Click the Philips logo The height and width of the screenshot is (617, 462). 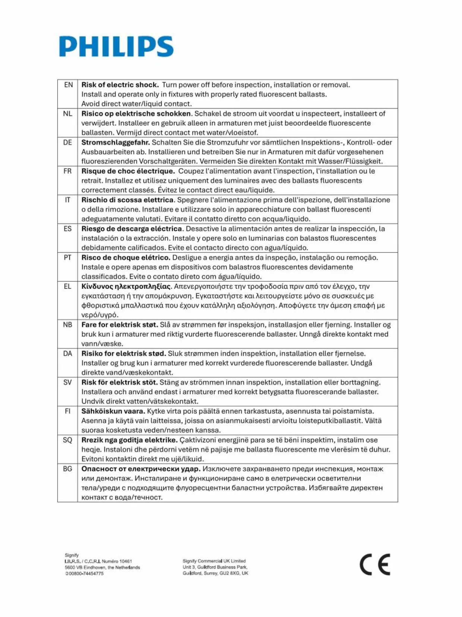[116, 46]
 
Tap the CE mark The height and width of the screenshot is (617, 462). [375, 564]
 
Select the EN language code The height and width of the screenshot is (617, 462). [68, 85]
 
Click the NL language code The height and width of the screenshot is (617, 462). [67, 113]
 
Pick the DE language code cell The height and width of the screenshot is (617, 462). [67, 142]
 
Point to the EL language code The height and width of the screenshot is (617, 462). [67, 286]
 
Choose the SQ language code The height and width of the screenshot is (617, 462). [67, 440]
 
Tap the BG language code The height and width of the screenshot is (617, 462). [67, 469]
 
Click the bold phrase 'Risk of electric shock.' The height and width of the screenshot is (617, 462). [120, 85]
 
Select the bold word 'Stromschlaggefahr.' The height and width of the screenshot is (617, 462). [115, 142]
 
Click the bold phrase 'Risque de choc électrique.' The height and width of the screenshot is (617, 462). [128, 171]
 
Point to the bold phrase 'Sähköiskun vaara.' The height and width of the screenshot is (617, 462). [113, 411]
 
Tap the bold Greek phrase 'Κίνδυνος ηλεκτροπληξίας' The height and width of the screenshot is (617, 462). [126, 286]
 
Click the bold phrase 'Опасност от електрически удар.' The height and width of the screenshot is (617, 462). [141, 469]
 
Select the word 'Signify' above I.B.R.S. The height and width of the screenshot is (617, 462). [72, 555]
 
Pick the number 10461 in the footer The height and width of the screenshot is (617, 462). [125, 561]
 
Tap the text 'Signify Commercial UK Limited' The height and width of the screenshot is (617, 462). [214, 561]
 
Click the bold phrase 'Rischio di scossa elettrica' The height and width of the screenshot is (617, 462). [127, 200]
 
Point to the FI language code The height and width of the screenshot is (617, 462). [67, 411]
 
